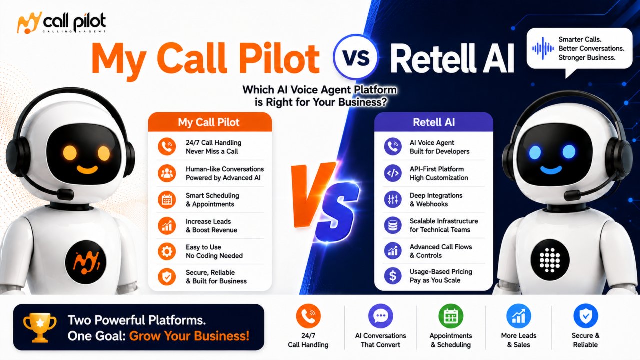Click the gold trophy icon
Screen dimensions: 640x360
point(40,328)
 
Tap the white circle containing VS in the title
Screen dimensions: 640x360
point(355,57)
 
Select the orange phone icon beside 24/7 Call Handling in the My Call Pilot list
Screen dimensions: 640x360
point(167,147)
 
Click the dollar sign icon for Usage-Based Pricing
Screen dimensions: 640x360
point(393,276)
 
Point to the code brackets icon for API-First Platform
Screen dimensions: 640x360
point(393,173)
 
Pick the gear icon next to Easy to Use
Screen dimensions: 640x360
point(167,251)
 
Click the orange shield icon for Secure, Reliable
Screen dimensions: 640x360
point(167,277)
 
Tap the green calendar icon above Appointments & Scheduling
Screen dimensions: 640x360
point(451,316)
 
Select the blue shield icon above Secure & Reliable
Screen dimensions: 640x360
point(585,316)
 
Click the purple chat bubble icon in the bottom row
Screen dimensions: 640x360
point(380,316)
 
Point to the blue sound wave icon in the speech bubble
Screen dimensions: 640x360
point(543,48)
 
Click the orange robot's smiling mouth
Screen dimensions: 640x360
point(87,170)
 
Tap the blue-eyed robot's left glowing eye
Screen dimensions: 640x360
point(535,152)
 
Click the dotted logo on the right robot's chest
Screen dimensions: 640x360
point(550,260)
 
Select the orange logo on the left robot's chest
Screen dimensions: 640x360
point(85,262)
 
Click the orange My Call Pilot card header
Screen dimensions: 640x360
point(210,122)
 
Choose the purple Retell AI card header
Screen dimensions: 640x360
point(433,122)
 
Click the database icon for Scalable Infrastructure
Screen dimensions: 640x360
point(393,225)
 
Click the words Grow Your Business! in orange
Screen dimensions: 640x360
point(189,336)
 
